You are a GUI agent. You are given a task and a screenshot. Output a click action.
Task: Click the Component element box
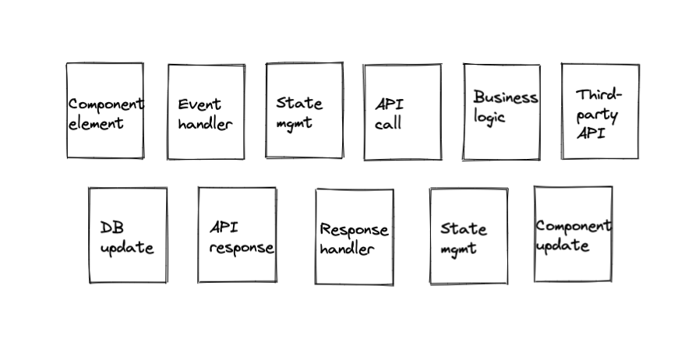[104, 111]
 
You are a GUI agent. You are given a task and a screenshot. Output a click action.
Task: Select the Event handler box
[206, 112]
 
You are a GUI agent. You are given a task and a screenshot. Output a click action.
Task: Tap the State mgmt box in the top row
[304, 111]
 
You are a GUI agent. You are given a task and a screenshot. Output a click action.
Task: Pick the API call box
[401, 112]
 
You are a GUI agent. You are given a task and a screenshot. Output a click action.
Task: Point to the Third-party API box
[600, 111]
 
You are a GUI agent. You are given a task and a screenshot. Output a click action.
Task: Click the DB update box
[127, 235]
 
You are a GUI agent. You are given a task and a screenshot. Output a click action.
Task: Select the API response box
[236, 235]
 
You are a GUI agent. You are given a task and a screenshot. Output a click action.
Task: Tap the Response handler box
[354, 236]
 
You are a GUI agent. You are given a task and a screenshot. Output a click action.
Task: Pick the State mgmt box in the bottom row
[468, 236]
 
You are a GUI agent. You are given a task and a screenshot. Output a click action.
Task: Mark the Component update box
[573, 234]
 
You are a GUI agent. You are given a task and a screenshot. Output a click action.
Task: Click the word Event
[199, 104]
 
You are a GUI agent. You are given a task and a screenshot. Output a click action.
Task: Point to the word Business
[505, 98]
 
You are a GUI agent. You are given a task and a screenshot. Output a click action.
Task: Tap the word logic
[489, 118]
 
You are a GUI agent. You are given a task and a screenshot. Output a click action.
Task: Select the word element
[96, 123]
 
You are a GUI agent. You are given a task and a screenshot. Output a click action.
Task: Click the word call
[387, 123]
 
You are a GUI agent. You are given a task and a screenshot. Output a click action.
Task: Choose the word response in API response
[242, 249]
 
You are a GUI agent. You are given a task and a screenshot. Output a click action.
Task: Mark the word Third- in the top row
[599, 95]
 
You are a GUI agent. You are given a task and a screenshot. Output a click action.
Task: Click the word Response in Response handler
[354, 230]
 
